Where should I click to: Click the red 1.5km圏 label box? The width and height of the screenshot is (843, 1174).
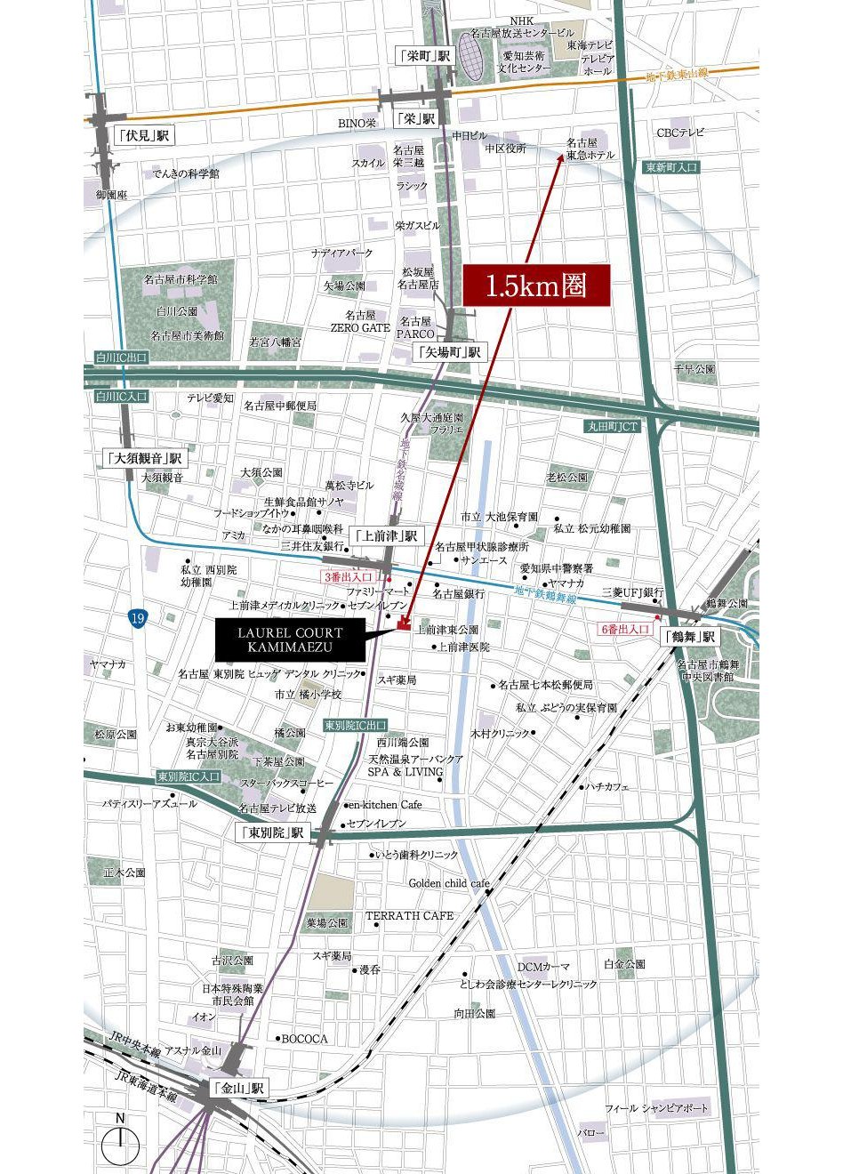[535, 286]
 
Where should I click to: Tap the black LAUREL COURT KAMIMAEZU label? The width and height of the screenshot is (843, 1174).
[290, 639]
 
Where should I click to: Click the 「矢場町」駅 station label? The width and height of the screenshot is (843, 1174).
[450, 352]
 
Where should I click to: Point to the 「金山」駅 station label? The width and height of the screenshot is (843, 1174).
[238, 1088]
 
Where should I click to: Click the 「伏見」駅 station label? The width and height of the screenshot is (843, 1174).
[144, 136]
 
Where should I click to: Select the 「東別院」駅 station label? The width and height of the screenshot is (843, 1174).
[272, 833]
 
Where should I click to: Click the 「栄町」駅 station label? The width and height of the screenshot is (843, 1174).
[424, 56]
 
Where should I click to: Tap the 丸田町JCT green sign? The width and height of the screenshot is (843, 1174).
[612, 427]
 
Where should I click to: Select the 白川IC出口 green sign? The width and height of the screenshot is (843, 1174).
[122, 358]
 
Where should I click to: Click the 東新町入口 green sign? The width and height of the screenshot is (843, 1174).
[672, 167]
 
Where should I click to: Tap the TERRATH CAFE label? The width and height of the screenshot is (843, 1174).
[409, 915]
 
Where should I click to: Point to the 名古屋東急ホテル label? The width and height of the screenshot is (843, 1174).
[590, 149]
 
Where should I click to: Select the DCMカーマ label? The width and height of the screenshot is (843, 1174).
[543, 967]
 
